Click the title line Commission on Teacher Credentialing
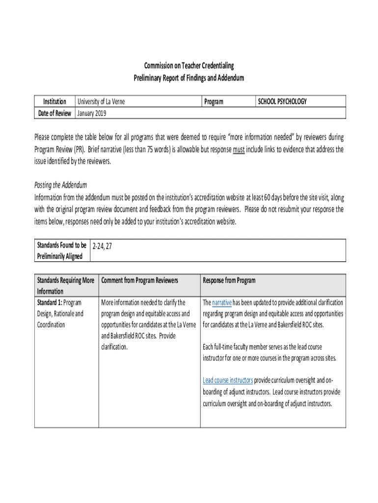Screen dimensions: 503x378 click(x=189, y=66)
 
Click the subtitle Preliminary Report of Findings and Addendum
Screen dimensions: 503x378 click(x=189, y=78)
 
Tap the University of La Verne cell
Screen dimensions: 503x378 click(x=101, y=102)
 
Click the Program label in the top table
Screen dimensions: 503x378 click(x=214, y=102)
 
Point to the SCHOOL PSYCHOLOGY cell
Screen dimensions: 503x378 click(x=282, y=102)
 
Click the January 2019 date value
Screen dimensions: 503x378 click(x=92, y=113)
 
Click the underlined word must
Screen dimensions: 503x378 click(x=239, y=149)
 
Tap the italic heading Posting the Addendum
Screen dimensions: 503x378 click(x=60, y=185)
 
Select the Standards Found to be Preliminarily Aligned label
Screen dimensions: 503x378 click(x=62, y=251)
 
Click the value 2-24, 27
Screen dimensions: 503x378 click(x=103, y=247)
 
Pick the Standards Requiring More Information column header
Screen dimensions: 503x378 click(x=66, y=285)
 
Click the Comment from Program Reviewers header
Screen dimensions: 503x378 click(x=139, y=280)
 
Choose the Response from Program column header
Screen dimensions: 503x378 click(x=229, y=280)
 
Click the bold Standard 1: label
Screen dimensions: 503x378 click(x=50, y=303)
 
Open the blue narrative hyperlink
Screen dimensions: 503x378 click(x=222, y=303)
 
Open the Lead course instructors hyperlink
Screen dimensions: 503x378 click(x=228, y=380)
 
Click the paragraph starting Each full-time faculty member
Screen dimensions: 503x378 click(x=269, y=353)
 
